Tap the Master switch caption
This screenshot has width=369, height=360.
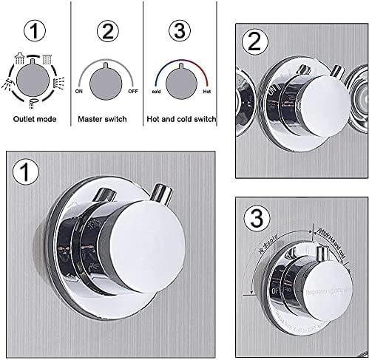pos(106,118)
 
